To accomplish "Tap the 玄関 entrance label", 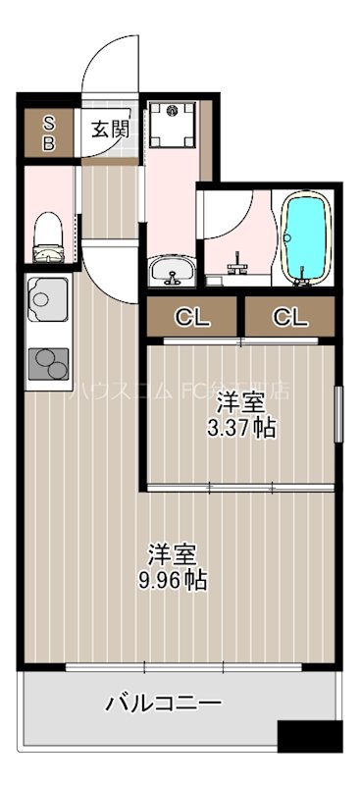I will point(110,129).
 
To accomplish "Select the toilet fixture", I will point(47,238).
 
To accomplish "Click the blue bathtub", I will point(306,237).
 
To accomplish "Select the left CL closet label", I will point(192,317).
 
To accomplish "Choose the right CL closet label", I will point(289,317).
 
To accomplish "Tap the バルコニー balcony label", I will point(163,730).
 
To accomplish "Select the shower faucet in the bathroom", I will point(237,265).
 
